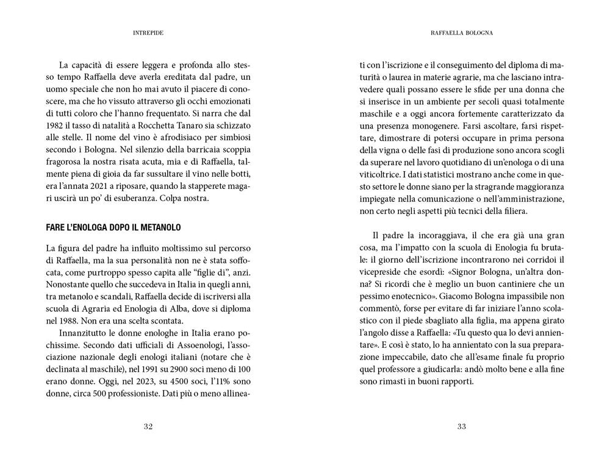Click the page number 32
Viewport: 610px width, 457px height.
click(148, 427)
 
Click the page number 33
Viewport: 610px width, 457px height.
click(461, 427)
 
